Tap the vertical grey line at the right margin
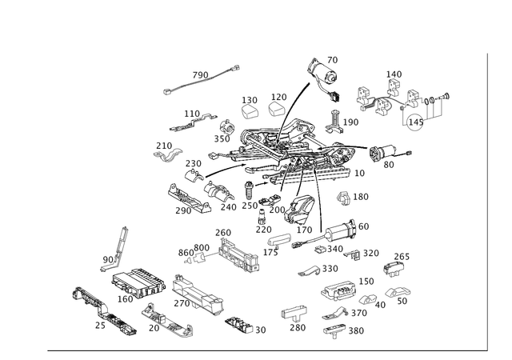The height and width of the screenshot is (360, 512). pos(486,200)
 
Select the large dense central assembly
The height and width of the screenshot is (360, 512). pos(280,156)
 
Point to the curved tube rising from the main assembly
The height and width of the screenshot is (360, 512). pos(298,100)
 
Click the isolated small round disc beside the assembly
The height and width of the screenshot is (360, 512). pos(346,197)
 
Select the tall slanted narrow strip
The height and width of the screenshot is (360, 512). pos(120,244)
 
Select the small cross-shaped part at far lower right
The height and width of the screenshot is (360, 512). pos(394,266)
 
